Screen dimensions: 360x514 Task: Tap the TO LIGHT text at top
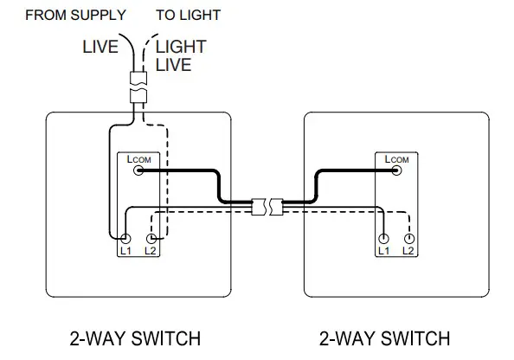click(x=188, y=15)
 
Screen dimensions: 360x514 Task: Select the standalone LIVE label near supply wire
click(x=100, y=47)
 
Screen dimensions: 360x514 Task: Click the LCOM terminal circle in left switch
click(x=138, y=171)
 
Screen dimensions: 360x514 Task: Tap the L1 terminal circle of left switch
click(x=125, y=238)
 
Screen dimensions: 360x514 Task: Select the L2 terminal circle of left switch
click(x=151, y=238)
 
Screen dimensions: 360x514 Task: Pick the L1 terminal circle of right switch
click(x=384, y=238)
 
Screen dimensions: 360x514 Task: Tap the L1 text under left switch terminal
click(x=125, y=250)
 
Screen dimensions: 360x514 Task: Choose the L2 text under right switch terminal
click(x=410, y=250)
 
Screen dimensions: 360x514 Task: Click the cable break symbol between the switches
click(x=266, y=207)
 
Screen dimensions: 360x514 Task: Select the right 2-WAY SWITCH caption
click(x=384, y=337)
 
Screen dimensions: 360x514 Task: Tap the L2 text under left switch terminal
click(x=151, y=250)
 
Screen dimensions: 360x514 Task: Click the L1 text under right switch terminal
click(x=384, y=250)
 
